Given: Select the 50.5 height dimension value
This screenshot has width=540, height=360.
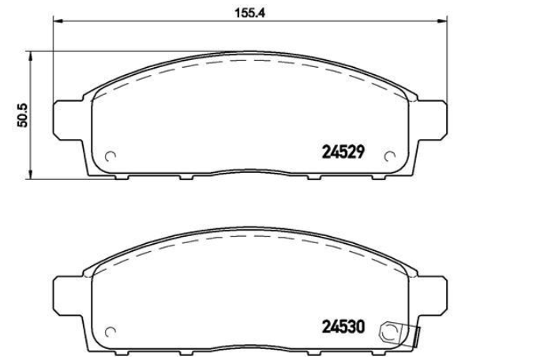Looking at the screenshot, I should [x=23, y=114].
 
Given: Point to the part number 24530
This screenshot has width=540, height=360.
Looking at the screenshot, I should [x=343, y=325].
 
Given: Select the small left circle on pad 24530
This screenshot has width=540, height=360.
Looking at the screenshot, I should [x=111, y=331].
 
